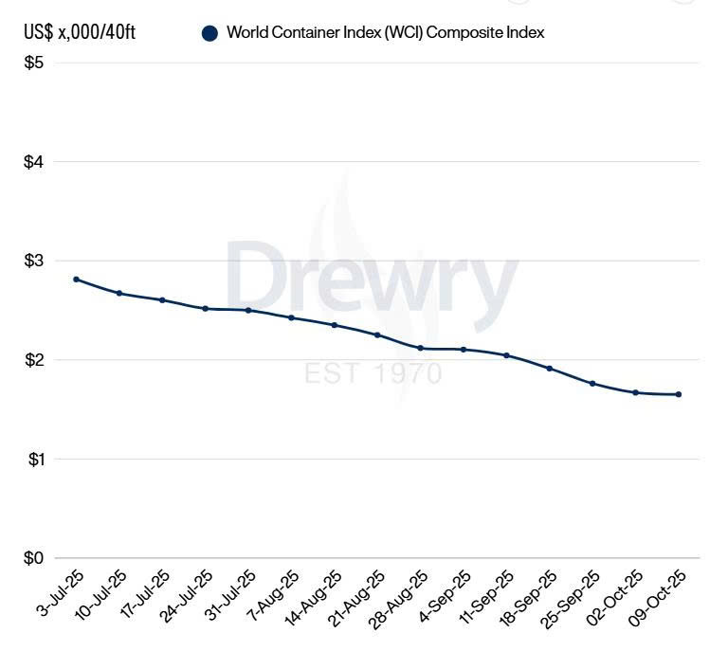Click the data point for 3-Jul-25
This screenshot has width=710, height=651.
point(76,280)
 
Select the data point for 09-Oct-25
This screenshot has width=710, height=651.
point(679,394)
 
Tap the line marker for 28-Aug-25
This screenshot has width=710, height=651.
point(420,349)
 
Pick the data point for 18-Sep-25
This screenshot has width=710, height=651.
point(550,368)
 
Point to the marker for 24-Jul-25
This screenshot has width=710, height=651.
point(205,309)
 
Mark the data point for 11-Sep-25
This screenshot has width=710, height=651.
point(506,355)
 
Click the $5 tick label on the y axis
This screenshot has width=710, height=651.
point(35,63)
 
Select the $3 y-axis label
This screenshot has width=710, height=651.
point(35,261)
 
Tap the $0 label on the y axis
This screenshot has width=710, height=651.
point(35,558)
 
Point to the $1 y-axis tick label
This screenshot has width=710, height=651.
point(35,459)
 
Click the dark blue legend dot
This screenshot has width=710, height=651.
point(210,33)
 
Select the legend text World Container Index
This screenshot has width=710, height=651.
point(385,33)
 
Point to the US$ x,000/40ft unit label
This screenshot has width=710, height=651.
point(81,33)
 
